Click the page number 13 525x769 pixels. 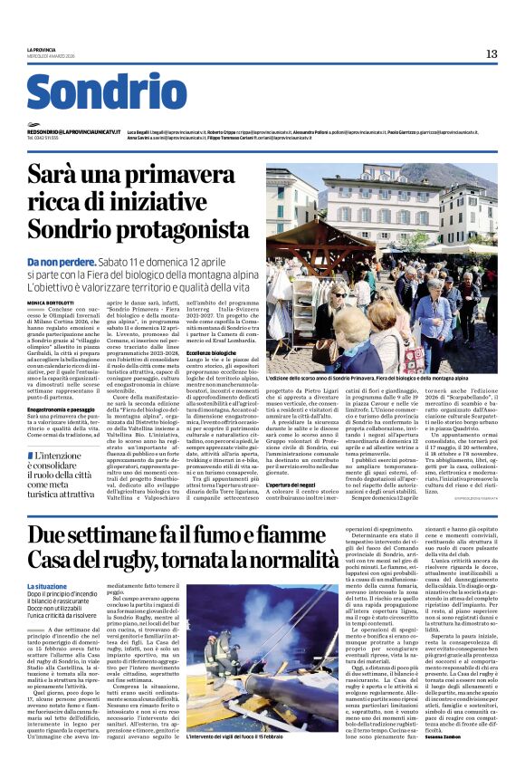tap(491, 54)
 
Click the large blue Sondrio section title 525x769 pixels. tap(107, 91)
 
